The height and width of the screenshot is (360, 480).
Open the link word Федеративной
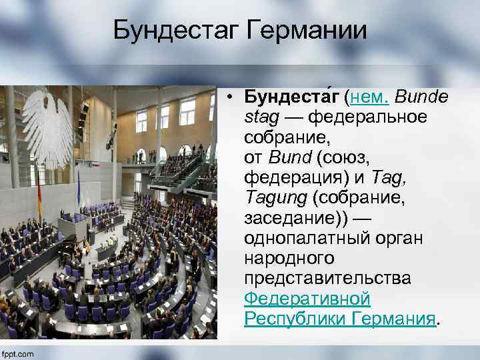307,299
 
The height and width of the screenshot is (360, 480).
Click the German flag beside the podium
39,200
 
